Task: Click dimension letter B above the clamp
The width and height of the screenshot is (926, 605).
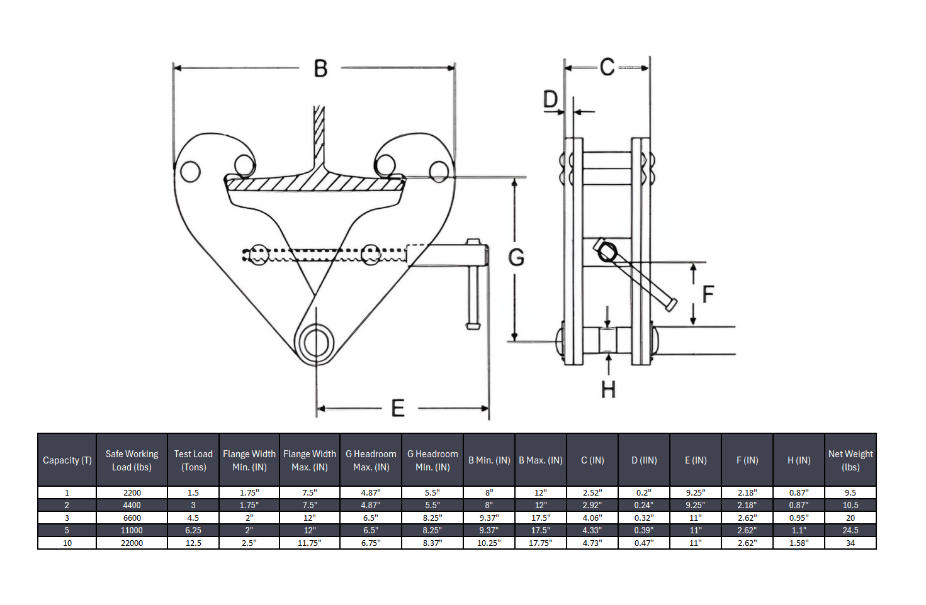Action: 320,69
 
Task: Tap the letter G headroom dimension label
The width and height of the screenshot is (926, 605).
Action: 516,257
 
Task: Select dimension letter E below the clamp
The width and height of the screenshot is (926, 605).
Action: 398,409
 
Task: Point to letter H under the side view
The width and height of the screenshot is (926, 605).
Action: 608,390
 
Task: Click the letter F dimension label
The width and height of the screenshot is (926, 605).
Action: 708,294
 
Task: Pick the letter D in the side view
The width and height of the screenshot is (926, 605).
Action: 550,100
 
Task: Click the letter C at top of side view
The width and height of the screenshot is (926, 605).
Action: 607,67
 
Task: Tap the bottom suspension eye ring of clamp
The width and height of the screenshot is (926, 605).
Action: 316,343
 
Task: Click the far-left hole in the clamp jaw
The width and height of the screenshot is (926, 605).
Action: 190,171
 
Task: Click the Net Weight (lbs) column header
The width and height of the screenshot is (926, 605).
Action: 850,460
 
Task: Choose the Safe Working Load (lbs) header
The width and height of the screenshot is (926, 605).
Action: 132,460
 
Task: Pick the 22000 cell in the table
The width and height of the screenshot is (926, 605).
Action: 132,543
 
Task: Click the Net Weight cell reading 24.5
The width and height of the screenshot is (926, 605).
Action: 850,530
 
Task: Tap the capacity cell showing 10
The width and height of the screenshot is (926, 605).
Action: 67,543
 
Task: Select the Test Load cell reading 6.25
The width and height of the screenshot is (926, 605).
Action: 193,530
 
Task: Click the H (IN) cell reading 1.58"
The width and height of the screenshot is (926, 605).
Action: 798,543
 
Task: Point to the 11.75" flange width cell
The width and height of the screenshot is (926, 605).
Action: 309,543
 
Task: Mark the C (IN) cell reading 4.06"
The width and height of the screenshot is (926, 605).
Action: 592,518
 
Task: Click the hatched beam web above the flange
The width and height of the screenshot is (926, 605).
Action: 319,135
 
